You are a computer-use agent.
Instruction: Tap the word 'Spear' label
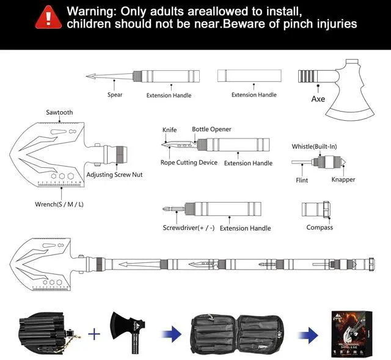[x=115, y=95]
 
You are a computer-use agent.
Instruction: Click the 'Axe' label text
[x=318, y=99]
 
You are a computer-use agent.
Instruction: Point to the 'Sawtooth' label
[x=59, y=112]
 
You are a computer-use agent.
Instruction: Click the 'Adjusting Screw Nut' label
[x=114, y=175]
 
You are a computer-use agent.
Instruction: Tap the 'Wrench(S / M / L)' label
[x=59, y=204]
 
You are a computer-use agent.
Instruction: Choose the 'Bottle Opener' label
[x=211, y=129]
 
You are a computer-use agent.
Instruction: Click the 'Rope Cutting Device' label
[x=189, y=163]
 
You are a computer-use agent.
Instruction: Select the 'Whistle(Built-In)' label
[x=314, y=146]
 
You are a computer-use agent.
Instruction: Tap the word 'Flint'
[x=302, y=180]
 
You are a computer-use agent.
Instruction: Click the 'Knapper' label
[x=343, y=179]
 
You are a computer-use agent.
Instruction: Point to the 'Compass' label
[x=320, y=228]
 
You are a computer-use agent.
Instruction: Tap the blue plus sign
[x=93, y=334]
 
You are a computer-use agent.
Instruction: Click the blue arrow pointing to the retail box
[x=310, y=334]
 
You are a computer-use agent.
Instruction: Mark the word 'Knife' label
[x=169, y=130]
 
